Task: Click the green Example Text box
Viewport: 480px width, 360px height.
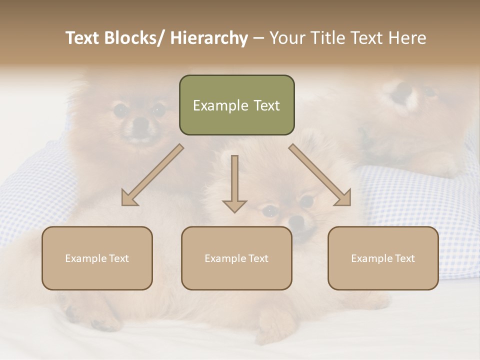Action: click(x=236, y=105)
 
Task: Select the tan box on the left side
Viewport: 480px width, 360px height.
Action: click(x=97, y=258)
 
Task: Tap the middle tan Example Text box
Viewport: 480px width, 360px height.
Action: click(x=236, y=258)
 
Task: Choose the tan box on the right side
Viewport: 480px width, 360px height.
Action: click(x=383, y=258)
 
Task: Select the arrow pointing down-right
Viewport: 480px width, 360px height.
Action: click(x=320, y=175)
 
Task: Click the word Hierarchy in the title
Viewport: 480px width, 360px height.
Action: click(x=209, y=38)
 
